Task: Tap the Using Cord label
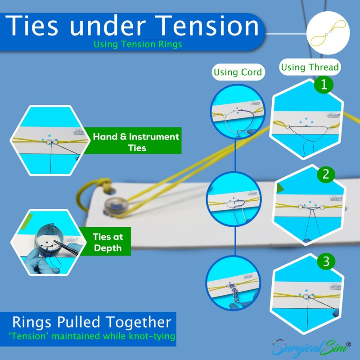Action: [x=238, y=72]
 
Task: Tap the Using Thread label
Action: [x=310, y=67]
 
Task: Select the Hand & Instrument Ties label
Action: [x=135, y=142]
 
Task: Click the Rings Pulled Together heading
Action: [x=92, y=323]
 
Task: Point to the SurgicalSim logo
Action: [x=310, y=347]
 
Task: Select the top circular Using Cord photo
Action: [x=234, y=113]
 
